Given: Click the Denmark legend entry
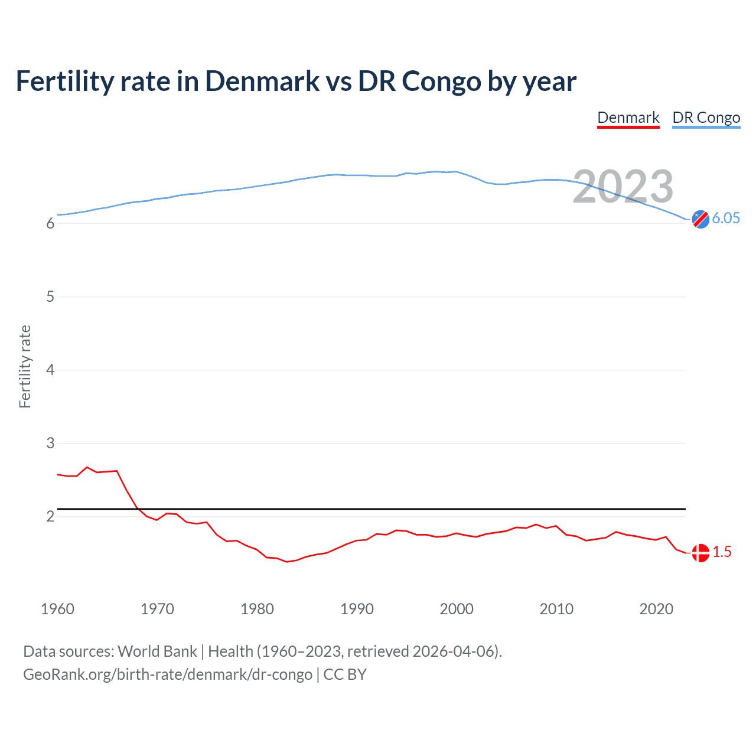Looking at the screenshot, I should (x=628, y=118).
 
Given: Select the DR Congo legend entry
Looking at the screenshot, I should (x=706, y=118).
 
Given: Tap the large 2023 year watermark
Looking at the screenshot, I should (x=623, y=187).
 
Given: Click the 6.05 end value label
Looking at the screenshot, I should (x=725, y=218).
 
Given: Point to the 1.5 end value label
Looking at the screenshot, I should (x=722, y=552).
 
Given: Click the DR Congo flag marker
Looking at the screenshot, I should (x=700, y=219).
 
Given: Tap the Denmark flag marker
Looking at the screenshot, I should (x=700, y=553).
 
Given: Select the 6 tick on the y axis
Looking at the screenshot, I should (x=50, y=223).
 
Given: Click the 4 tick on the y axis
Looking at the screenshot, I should (x=50, y=370).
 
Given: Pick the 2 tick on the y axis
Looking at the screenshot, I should (x=50, y=516).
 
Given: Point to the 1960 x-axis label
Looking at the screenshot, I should (x=57, y=609).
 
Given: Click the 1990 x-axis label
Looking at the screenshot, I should (x=357, y=609).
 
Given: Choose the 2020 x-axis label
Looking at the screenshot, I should (x=656, y=609).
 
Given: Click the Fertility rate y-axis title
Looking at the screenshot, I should (x=25, y=366).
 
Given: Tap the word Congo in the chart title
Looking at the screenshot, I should (x=441, y=81).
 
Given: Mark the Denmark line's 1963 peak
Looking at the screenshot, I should (x=87, y=467).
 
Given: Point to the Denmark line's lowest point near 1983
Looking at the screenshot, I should (x=287, y=562).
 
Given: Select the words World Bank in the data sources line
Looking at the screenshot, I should (x=157, y=651).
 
